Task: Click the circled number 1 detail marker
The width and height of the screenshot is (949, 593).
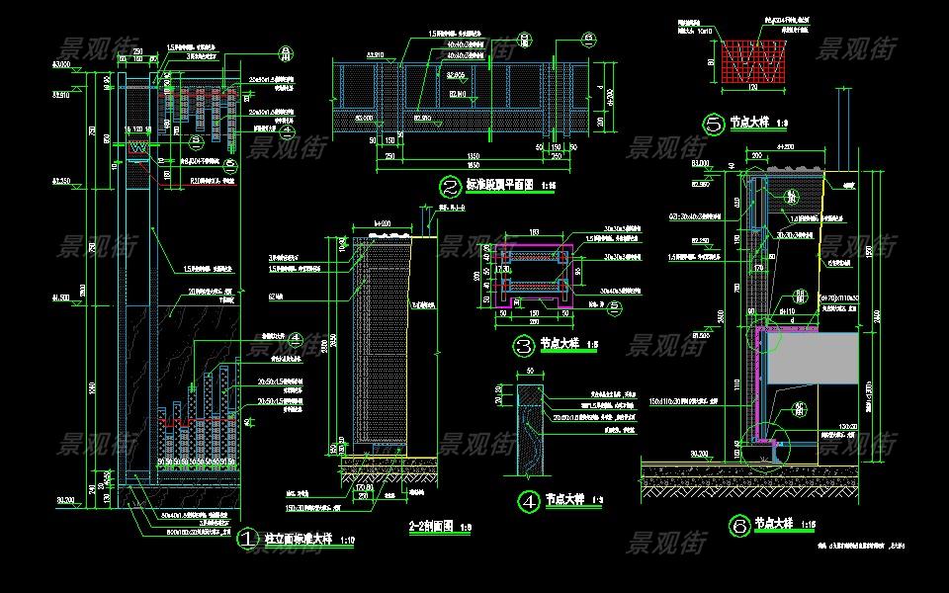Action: click(246, 541)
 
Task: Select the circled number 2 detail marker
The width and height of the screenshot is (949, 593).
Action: click(450, 185)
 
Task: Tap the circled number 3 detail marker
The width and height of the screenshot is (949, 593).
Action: click(523, 345)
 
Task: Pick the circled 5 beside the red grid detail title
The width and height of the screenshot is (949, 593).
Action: click(713, 124)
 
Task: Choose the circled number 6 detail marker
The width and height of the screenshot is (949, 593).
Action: click(739, 526)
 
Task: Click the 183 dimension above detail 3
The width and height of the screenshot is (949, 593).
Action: click(534, 232)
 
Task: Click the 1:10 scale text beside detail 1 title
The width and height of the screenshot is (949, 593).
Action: click(347, 542)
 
